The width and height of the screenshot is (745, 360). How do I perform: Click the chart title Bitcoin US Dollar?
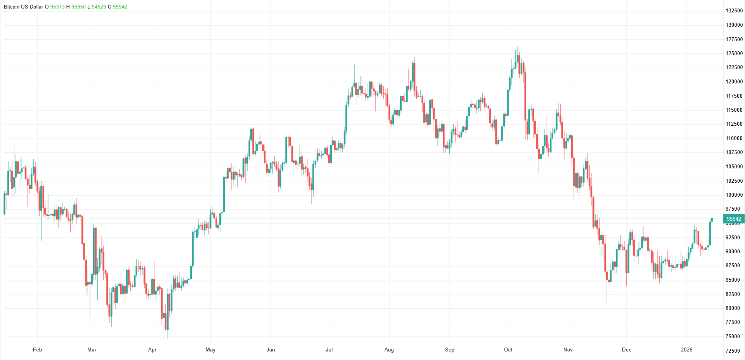coord(23,7)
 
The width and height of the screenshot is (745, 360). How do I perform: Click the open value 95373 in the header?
coord(57,7)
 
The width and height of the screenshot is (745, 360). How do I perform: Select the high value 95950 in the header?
coord(78,7)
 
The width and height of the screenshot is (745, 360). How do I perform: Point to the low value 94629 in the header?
coord(99,7)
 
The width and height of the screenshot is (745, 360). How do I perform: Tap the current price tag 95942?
coord(734,219)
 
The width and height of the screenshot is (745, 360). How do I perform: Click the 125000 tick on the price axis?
coord(734,53)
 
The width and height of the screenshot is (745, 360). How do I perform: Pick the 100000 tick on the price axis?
coord(734,195)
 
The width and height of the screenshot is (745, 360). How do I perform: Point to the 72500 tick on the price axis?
coord(733,351)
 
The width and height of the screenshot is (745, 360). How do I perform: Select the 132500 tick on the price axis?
coord(734,10)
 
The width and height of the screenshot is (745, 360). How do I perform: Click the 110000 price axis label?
coord(734,138)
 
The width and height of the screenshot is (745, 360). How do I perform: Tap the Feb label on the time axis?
coord(37,350)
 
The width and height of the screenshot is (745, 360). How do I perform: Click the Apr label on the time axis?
coord(152,350)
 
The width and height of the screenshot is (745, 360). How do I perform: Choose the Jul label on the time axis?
coord(329,350)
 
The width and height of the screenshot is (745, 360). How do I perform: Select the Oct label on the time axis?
coord(508,350)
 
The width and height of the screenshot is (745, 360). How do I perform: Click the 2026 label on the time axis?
coord(686,350)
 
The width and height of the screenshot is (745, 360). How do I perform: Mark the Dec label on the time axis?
coord(626,350)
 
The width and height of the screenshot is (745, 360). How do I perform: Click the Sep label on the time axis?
coord(449,350)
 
